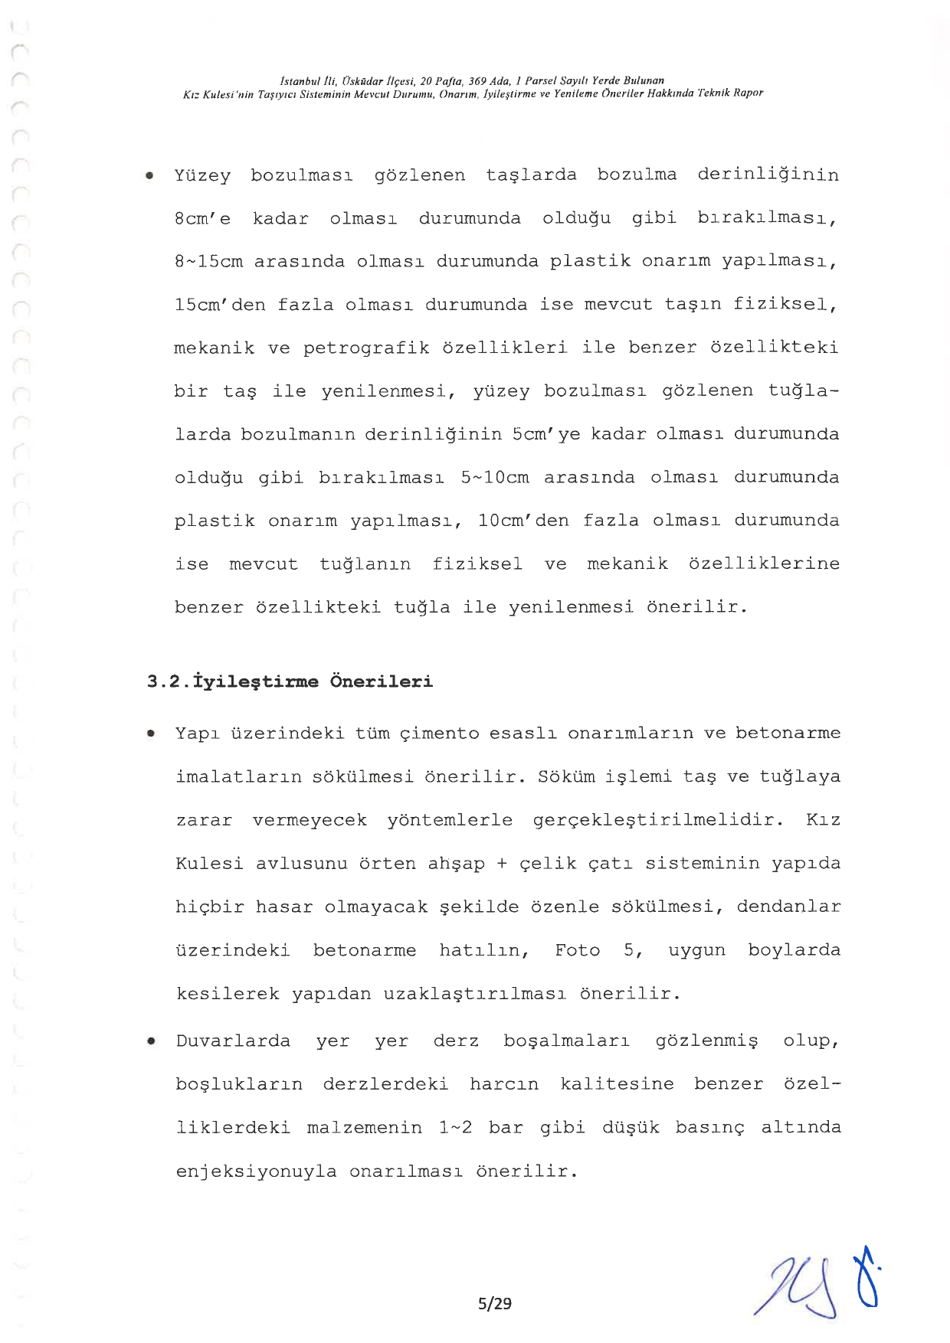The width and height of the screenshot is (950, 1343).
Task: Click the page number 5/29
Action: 494,1302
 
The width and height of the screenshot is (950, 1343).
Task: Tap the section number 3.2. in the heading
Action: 169,681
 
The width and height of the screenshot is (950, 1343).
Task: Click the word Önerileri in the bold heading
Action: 381,681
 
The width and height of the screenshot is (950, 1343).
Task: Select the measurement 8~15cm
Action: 208,262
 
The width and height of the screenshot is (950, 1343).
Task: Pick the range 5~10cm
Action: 495,478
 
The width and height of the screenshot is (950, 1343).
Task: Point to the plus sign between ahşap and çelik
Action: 502,864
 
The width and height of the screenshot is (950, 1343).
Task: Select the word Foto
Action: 578,950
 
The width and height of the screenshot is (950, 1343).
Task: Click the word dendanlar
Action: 788,907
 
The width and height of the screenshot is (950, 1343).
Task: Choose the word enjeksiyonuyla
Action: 256,1171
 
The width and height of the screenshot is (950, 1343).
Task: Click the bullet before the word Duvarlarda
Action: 152,1041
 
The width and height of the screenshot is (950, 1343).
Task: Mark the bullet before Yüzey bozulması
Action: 151,176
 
